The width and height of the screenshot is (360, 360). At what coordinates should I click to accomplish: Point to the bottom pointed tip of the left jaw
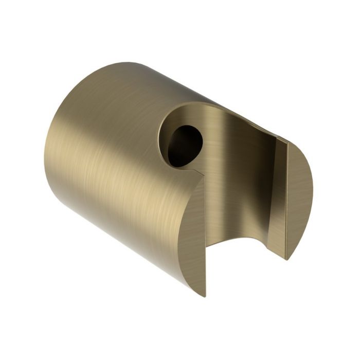[x=204, y=295]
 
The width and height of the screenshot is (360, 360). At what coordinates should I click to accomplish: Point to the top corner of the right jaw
[x=286, y=140]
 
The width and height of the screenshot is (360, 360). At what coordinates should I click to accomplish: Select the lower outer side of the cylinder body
[x=129, y=231]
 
